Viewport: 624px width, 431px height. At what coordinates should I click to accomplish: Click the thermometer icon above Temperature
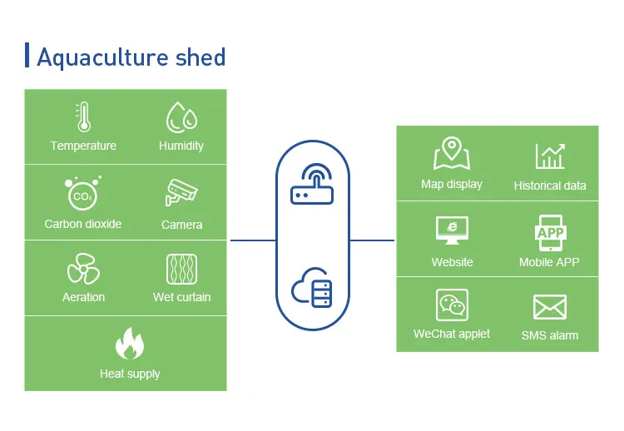83,117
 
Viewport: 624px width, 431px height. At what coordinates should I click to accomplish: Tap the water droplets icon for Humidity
182,117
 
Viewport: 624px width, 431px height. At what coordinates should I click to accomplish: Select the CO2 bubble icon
83,193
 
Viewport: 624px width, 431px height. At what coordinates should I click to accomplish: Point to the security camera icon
181,192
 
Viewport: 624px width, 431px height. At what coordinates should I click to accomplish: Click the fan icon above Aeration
83,269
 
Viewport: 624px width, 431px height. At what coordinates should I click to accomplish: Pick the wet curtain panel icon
182,269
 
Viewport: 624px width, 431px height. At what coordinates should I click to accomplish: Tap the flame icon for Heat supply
130,343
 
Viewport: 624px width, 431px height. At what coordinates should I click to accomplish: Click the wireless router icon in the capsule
312,183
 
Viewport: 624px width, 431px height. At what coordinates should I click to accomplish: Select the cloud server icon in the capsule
312,287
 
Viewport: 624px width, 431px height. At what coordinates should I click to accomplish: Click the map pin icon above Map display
452,153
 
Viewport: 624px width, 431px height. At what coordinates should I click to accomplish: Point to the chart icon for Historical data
550,156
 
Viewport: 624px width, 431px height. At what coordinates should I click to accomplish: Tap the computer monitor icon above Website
452,230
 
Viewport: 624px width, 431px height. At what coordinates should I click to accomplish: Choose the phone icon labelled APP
551,233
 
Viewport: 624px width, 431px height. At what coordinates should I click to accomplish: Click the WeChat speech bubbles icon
452,305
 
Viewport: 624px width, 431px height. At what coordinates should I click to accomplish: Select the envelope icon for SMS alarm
550,307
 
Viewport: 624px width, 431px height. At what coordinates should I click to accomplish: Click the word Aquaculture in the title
102,57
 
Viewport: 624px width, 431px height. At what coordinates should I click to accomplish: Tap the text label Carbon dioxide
83,224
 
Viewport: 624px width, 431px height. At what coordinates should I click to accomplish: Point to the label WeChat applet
452,334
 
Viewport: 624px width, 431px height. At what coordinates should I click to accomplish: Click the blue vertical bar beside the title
27,55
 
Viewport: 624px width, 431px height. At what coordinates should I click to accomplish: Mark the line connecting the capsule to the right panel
372,240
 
